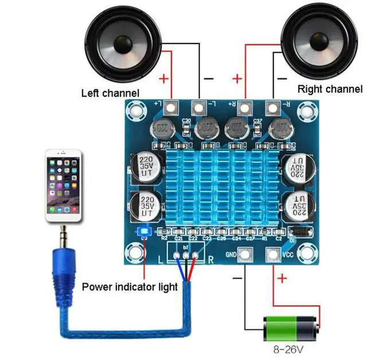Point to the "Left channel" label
click(110, 93)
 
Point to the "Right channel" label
click(330, 89)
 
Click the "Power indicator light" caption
click(130, 286)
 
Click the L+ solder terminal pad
click(171, 107)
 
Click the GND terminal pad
click(245, 255)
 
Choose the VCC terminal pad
click(273, 255)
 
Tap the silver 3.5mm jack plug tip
click(63, 234)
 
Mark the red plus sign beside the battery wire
click(282, 279)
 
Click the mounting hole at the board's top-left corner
click(136, 107)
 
